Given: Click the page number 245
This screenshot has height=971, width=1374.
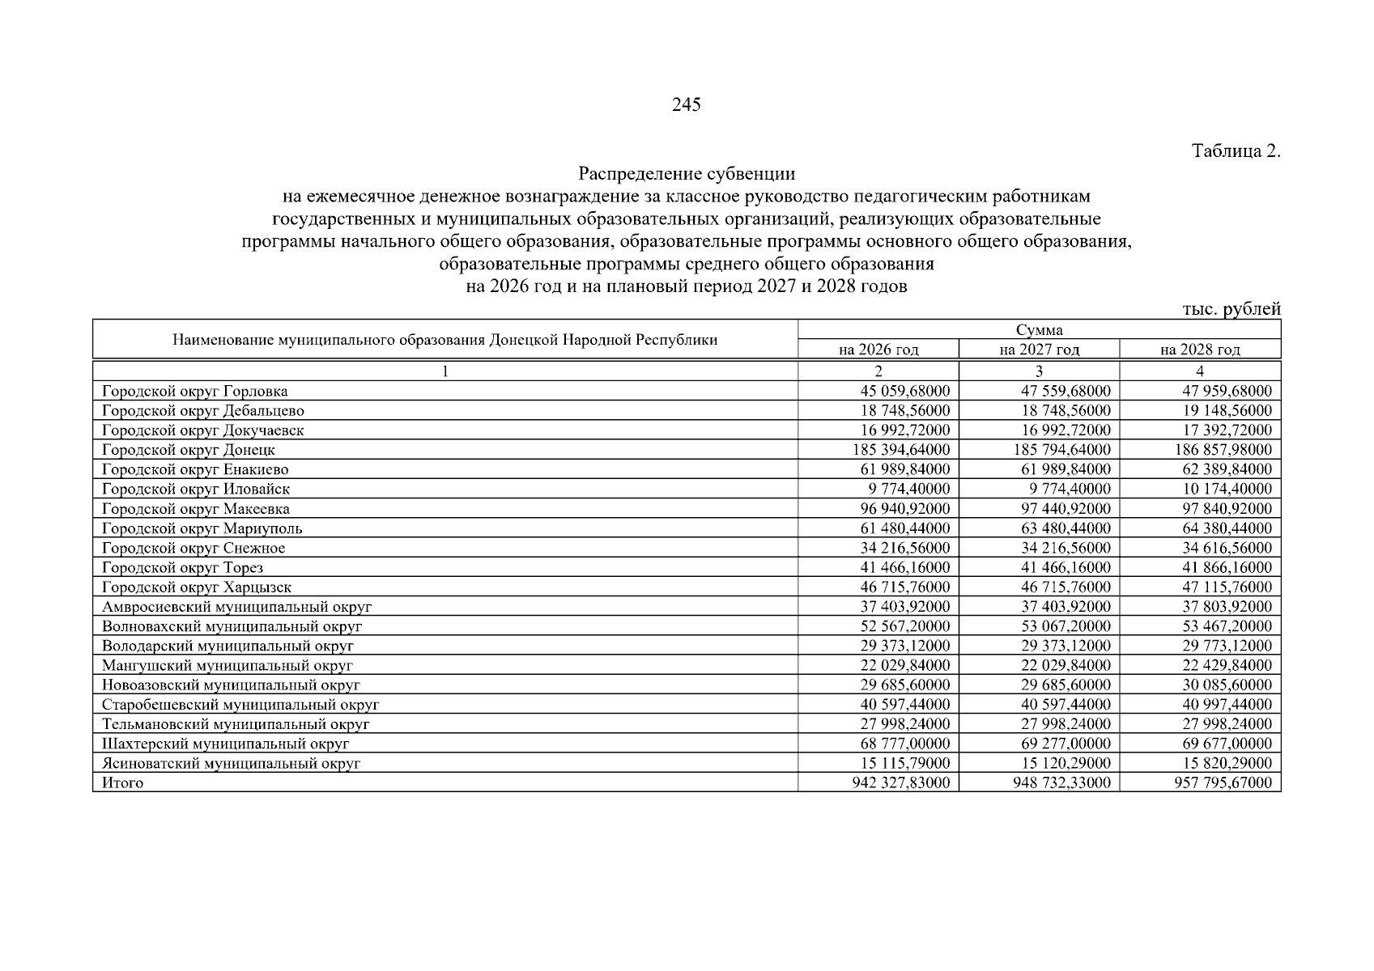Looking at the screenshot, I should [x=686, y=105].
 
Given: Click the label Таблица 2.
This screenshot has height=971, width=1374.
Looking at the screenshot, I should [x=1236, y=151].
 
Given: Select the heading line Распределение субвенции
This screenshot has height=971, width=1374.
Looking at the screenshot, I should [x=687, y=174].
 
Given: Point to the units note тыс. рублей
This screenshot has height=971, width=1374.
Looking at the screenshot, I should [x=1231, y=309].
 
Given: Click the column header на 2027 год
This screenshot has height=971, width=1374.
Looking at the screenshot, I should [x=1039, y=350].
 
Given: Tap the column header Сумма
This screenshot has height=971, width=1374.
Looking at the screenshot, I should [x=1039, y=329].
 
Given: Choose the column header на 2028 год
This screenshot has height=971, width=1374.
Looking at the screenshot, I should [x=1200, y=350].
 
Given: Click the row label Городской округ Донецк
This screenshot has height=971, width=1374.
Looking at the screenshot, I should [x=189, y=450].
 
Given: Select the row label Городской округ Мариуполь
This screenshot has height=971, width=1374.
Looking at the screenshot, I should [x=202, y=528].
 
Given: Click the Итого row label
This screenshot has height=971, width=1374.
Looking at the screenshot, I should [x=122, y=782].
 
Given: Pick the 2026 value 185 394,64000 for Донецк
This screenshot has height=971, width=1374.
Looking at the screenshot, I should [x=901, y=450].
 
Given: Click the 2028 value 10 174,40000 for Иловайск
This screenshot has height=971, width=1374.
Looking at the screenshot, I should [x=1223, y=489].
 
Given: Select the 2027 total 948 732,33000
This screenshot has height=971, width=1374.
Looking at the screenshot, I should [x=1061, y=782].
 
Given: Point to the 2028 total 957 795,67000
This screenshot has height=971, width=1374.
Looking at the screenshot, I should [x=1223, y=782].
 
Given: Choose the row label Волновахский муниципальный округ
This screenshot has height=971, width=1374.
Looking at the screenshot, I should [x=232, y=626].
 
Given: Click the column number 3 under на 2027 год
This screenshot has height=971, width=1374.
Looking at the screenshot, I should [x=1039, y=371].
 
